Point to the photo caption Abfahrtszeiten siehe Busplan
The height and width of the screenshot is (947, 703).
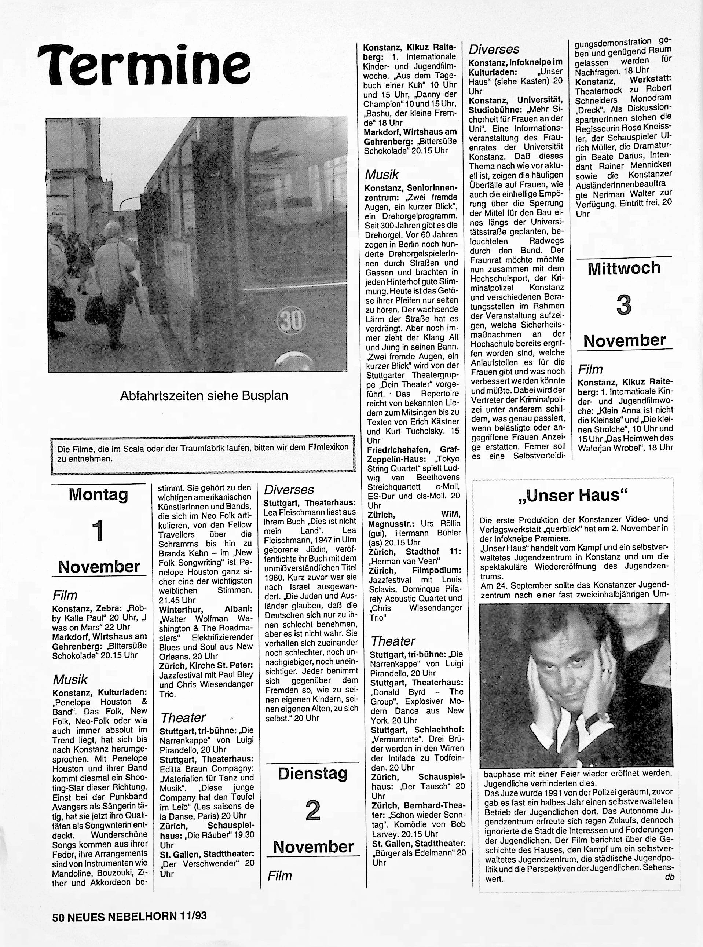pyautogui.click(x=204, y=395)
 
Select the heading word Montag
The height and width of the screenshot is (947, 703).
pyautogui.click(x=98, y=494)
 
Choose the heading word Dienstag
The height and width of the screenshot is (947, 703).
pyautogui.click(x=313, y=774)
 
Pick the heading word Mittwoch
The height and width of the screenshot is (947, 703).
pyautogui.click(x=624, y=268)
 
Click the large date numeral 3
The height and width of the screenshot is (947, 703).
pyautogui.click(x=623, y=305)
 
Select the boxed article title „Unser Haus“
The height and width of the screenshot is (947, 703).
pyautogui.click(x=573, y=496)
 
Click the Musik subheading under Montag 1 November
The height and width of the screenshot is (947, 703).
pyautogui.click(x=70, y=679)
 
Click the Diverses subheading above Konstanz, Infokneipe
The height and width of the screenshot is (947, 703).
pyautogui.click(x=494, y=50)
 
